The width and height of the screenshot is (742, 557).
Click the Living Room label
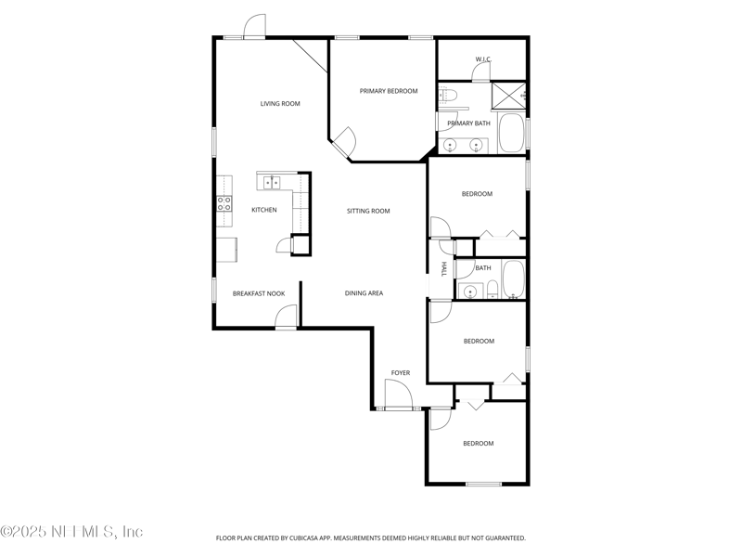pos(280,104)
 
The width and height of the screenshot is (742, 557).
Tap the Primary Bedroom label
pos(389,91)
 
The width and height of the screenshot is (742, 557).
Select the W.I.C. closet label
pos(483,59)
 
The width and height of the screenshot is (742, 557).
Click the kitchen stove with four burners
pos(224,204)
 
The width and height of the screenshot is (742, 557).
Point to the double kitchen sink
pos(272,182)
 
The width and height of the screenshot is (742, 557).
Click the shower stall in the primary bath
pos(508,97)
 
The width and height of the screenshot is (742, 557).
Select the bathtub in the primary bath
pos(512,133)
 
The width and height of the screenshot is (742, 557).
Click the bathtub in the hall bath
pos(514,279)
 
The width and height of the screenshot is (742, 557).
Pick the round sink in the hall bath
pos(470,291)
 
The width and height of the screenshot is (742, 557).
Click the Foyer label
pos(401,373)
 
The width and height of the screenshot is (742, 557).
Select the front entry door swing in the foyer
pos(399,393)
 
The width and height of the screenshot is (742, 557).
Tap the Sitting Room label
pos(368,211)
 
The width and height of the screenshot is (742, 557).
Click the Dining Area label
pos(364,293)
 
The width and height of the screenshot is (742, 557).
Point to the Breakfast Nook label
pos(259,293)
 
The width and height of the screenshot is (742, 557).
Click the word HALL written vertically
pos(444,269)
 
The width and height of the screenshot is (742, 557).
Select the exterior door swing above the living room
pos(254,26)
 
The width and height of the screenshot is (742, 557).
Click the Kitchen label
pos(264,210)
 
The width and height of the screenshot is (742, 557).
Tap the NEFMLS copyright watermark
pos(71,531)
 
